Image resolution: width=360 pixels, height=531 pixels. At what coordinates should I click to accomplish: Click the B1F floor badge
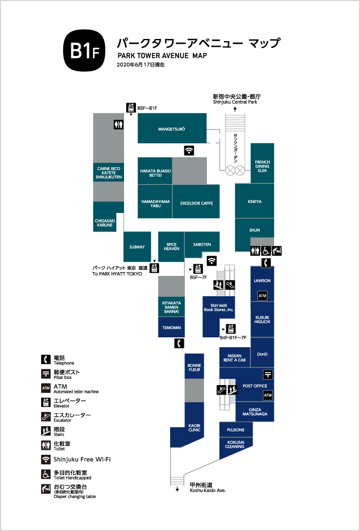(84, 50)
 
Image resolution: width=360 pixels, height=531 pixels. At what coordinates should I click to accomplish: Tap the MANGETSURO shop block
(172, 128)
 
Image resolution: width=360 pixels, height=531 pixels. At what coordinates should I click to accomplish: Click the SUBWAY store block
(137, 247)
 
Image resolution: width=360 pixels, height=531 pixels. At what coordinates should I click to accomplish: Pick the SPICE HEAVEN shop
(171, 246)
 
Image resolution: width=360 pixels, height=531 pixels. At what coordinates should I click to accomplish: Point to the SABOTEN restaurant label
(202, 245)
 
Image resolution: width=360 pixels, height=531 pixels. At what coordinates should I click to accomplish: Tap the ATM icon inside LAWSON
(262, 296)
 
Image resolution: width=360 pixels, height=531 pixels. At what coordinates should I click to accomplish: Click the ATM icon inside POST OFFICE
(268, 395)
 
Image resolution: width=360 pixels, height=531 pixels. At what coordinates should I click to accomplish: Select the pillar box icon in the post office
(268, 375)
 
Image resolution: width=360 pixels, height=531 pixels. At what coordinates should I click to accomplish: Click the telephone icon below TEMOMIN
(179, 343)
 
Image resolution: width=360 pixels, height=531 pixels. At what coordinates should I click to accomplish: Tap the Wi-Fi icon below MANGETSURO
(189, 150)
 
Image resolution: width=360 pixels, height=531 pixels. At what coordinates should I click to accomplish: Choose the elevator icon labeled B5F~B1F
(131, 108)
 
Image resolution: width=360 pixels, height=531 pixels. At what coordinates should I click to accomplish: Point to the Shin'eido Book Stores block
(219, 317)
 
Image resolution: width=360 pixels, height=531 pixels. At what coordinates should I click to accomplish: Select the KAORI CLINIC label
(194, 428)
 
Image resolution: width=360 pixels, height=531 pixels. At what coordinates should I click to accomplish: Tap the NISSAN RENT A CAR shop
(235, 357)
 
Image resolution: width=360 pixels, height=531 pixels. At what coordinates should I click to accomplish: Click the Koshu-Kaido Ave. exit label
(207, 490)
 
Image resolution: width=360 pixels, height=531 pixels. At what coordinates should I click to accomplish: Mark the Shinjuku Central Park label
(235, 102)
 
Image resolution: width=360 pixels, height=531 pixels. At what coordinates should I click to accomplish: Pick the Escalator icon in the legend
(46, 416)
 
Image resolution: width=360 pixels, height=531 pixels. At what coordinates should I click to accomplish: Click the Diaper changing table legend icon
(46, 489)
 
